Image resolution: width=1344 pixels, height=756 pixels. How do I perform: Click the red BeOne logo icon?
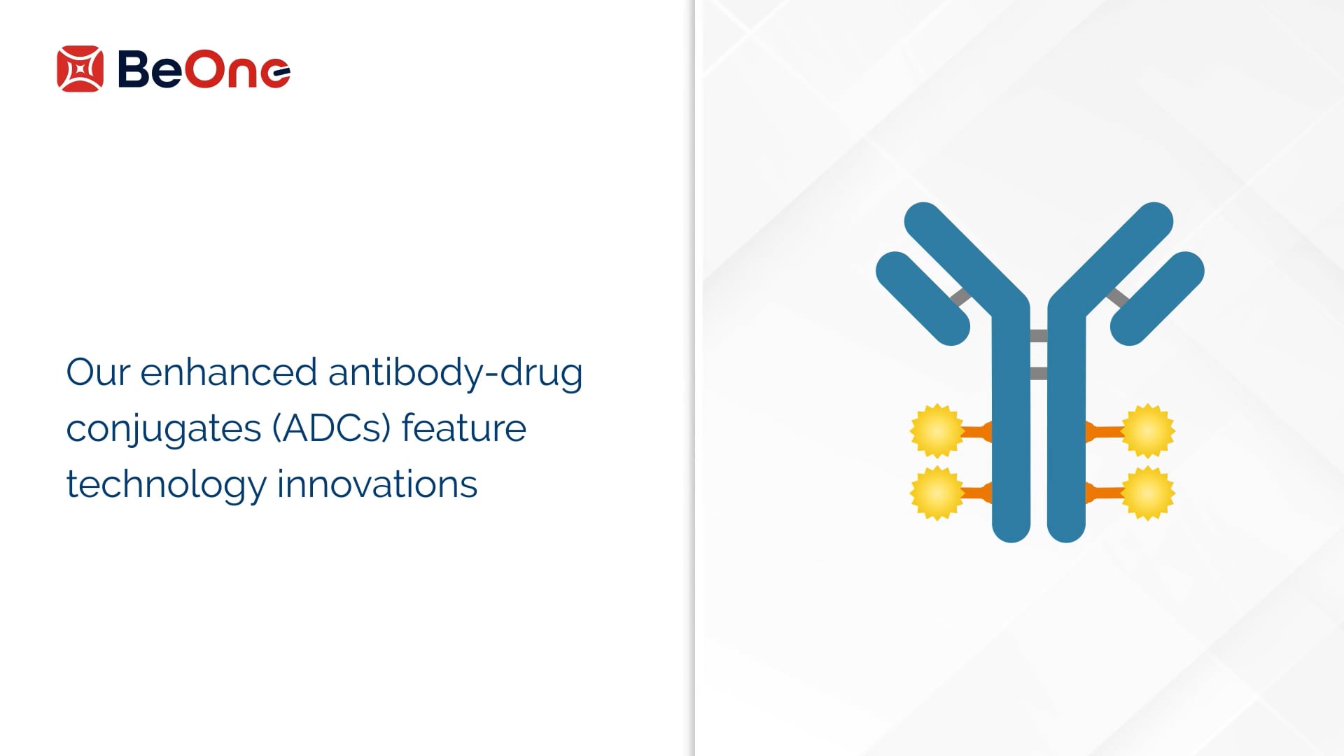(80, 69)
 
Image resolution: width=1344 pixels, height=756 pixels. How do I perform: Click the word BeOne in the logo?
(204, 69)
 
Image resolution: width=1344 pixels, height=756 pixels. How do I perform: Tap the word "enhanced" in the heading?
(228, 372)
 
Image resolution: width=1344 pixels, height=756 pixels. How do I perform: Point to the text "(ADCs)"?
(331, 428)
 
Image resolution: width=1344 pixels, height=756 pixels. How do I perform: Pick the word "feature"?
(463, 428)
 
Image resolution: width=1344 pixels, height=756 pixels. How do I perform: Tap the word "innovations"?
(377, 484)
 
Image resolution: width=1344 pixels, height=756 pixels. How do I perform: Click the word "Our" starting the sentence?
(98, 372)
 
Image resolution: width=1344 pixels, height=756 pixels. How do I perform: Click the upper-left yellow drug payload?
(937, 430)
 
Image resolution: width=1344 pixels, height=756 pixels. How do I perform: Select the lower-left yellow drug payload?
(937, 493)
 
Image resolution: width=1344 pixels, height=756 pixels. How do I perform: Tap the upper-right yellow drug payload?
(1148, 430)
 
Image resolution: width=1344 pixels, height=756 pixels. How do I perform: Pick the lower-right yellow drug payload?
(1148, 493)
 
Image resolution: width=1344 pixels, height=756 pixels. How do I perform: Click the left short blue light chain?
(923, 298)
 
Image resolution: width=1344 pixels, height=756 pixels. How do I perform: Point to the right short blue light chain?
(1157, 298)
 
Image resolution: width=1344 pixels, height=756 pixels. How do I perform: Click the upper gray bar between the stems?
(1039, 336)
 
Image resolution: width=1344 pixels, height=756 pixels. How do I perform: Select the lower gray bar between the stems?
(1039, 374)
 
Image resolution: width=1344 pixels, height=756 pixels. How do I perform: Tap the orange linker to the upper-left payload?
(977, 432)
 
